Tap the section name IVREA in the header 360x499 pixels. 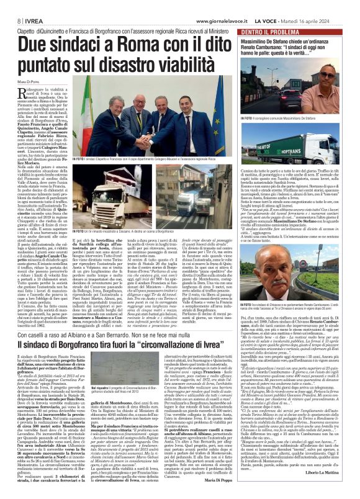click(x=20, y=5)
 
